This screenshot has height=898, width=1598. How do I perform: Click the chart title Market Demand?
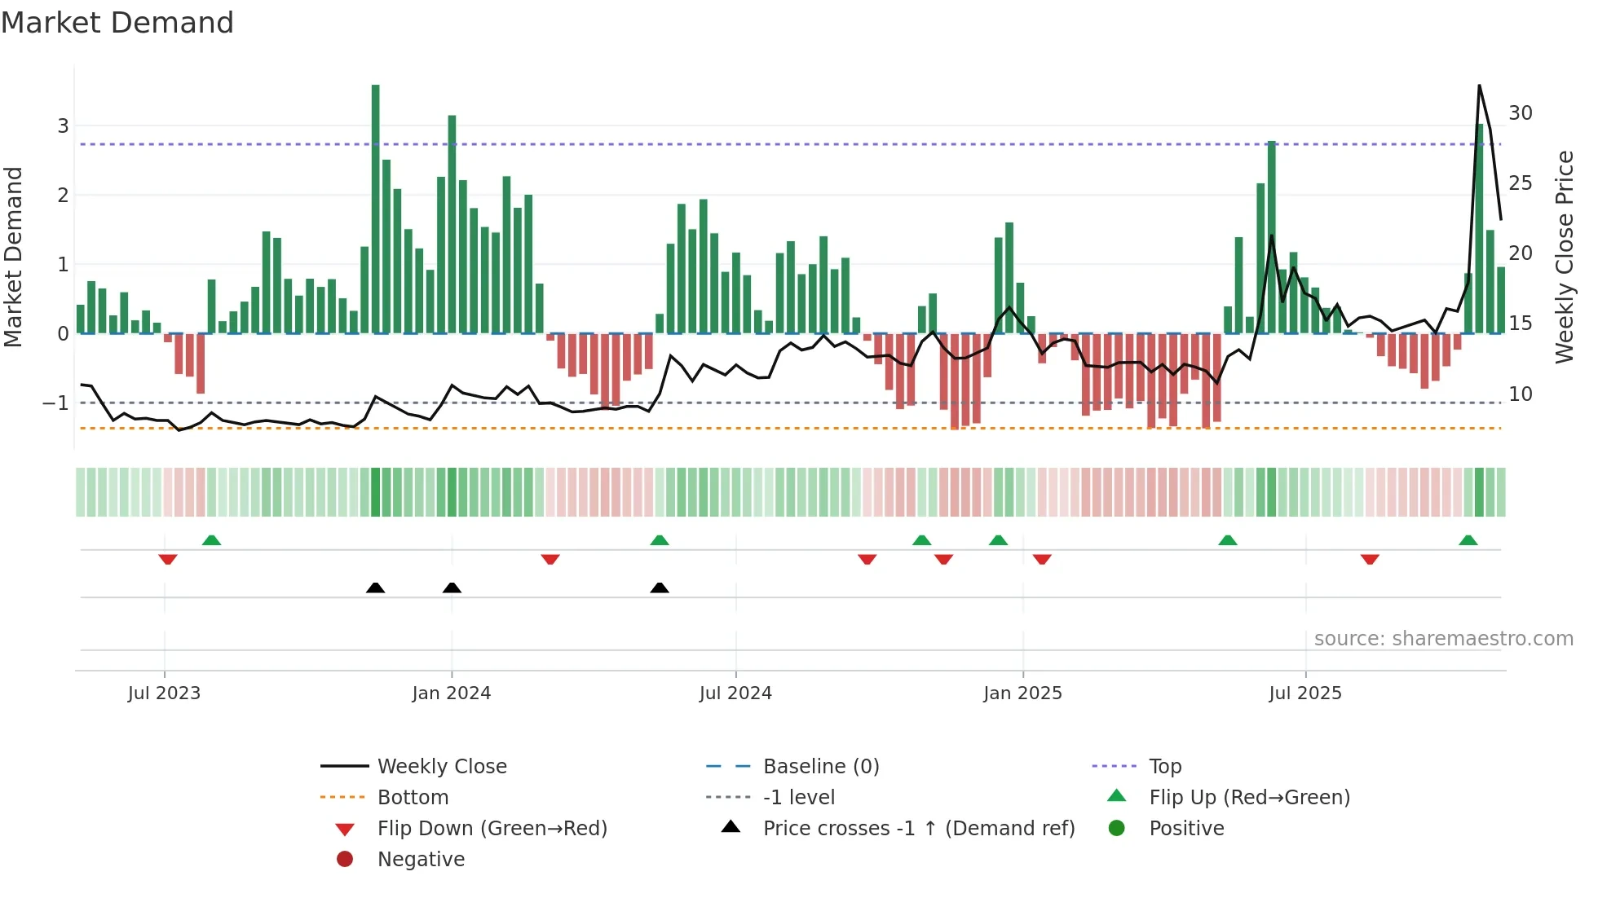click(x=117, y=23)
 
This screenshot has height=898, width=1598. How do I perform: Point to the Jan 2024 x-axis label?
click(x=451, y=693)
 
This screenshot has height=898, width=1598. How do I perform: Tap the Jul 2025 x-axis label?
click(x=1304, y=693)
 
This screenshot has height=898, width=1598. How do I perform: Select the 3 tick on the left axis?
click(x=63, y=126)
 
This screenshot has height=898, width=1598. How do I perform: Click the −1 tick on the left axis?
click(x=55, y=403)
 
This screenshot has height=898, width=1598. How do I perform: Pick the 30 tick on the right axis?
click(x=1520, y=113)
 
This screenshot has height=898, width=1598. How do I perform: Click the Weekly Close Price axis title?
click(x=1564, y=257)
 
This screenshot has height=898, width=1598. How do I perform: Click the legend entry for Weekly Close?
click(x=441, y=767)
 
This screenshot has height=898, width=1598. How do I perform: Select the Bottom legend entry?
click(x=413, y=798)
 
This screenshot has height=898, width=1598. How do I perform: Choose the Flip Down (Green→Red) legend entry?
click(x=492, y=829)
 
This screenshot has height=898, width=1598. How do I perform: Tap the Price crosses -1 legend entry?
click(x=918, y=829)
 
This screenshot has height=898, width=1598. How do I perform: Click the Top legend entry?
click(x=1164, y=767)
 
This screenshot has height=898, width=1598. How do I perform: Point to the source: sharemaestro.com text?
click(x=1443, y=639)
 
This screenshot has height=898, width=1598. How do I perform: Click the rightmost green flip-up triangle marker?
click(x=1468, y=540)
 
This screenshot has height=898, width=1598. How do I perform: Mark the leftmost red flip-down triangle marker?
click(x=168, y=559)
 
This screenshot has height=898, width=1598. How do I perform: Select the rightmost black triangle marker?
click(x=660, y=588)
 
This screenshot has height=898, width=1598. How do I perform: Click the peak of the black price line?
click(x=1479, y=86)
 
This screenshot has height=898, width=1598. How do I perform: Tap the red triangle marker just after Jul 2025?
click(x=1370, y=559)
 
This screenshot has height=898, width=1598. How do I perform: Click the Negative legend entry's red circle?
click(x=345, y=860)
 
